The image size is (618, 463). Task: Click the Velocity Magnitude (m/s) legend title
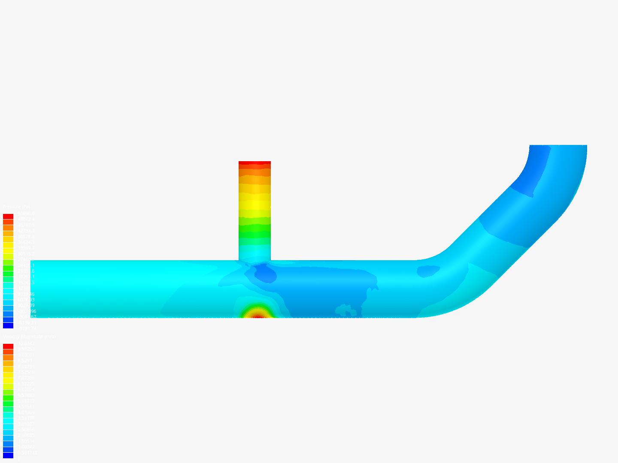pos(29,337)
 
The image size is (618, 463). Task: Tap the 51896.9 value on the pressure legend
pos(26,213)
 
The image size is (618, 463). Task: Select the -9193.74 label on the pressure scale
pos(26,328)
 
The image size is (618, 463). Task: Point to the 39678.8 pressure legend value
pos(26,237)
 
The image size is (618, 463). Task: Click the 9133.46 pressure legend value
pos(26,294)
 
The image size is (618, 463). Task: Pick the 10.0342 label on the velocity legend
pos(26,343)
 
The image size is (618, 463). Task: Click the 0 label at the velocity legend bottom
pos(18,458)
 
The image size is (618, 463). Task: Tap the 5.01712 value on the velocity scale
pos(26,401)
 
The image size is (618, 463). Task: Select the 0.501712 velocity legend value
pos(27,453)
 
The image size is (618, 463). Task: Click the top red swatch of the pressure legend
pos(8,216)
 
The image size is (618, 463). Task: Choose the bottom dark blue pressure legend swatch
pos(8,325)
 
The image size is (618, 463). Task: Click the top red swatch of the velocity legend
pos(8,346)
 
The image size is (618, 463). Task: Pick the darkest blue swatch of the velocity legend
pos(8,455)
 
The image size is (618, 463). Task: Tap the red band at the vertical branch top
pos(254,163)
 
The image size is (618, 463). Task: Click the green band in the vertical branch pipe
pos(254,229)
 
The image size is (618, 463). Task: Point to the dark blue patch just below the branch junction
pos(264,273)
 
